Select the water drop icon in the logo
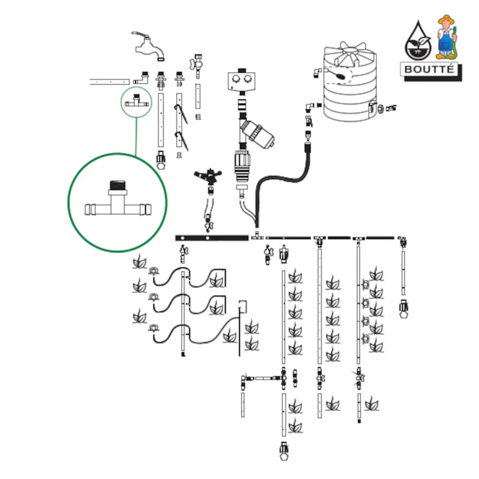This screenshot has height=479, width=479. click(416, 40)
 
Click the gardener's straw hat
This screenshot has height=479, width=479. click(447, 18)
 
